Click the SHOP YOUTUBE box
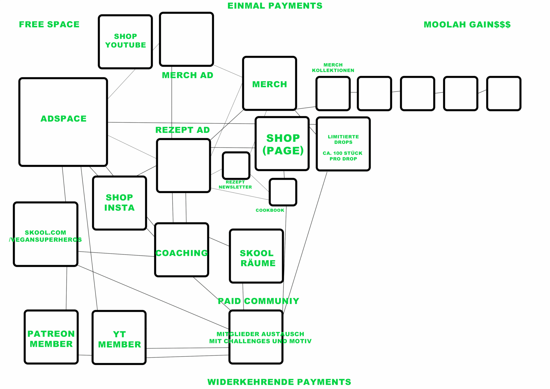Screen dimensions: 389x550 [x=125, y=42]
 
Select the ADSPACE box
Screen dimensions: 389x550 [x=63, y=122]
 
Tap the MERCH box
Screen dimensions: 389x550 [x=269, y=83]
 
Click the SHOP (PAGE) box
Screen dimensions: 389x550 [x=282, y=144]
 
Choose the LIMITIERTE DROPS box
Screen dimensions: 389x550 [x=343, y=144]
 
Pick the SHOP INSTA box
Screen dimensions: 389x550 [x=119, y=203]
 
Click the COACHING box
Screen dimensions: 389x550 [x=182, y=250]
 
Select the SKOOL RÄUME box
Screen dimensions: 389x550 [x=256, y=256]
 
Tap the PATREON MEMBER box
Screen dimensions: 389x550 [x=51, y=337]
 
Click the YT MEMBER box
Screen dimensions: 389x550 [x=119, y=338]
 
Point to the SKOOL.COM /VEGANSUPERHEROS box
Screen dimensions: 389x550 [x=46, y=234]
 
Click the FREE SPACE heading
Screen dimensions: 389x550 [x=49, y=25]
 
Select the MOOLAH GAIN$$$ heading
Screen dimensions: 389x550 [x=467, y=25]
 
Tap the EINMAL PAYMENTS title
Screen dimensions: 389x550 [x=275, y=6]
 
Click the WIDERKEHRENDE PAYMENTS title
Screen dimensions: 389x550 [x=279, y=382]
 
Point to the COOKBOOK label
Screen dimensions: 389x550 [x=270, y=210]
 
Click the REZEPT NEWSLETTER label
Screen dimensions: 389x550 [x=235, y=185]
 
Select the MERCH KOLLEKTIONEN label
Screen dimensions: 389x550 [x=333, y=68]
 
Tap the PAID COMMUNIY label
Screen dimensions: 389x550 [x=258, y=301]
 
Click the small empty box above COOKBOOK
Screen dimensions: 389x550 [x=283, y=192]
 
